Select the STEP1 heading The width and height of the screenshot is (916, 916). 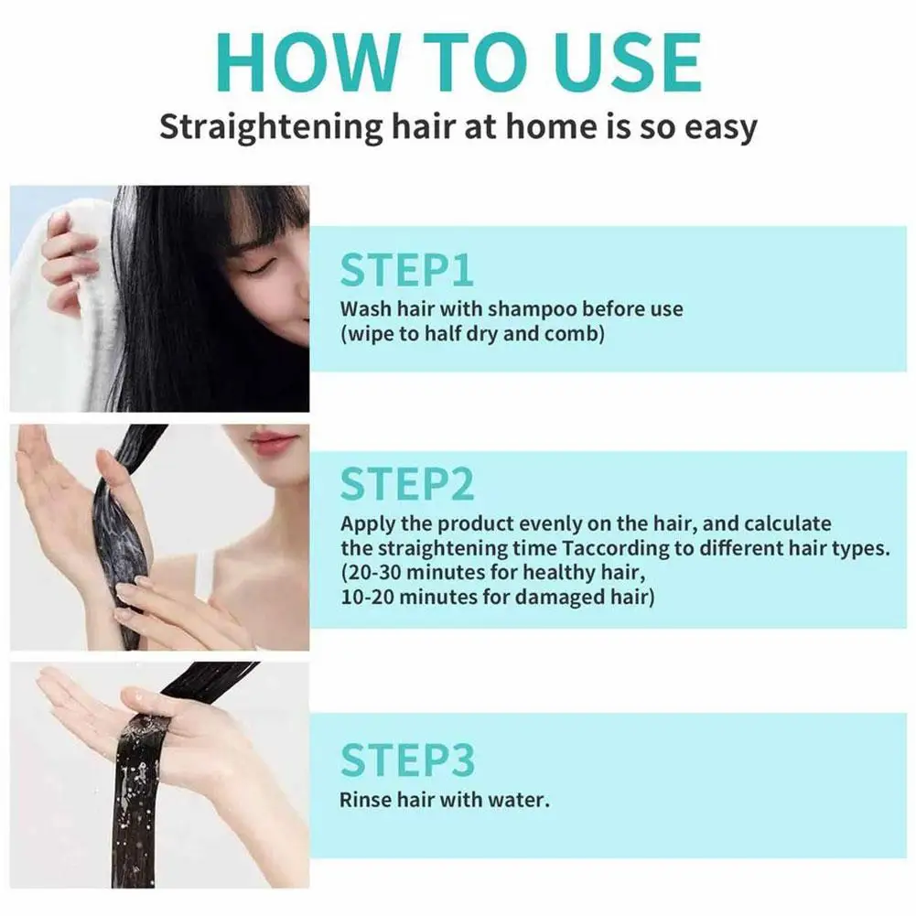pos(406,272)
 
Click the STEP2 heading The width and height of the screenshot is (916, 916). pos(407,484)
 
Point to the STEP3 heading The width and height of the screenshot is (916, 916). pos(407,760)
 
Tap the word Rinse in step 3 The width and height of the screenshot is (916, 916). pos(363,800)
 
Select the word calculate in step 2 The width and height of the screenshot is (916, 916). pos(787,523)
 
